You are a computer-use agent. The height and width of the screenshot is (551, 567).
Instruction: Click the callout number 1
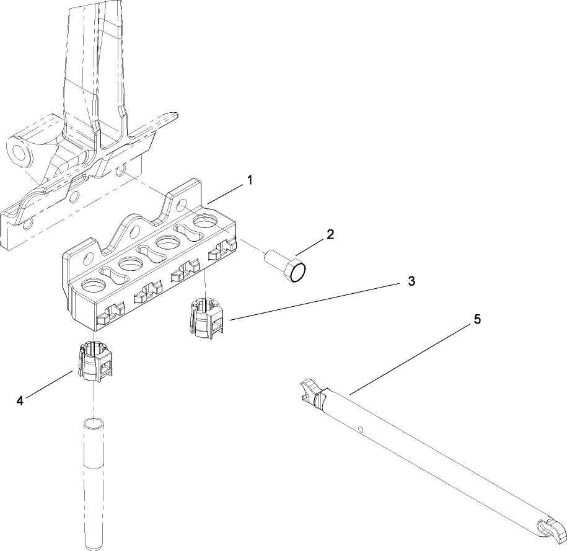(x=249, y=180)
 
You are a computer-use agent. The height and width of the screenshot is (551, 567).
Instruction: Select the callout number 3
(x=411, y=281)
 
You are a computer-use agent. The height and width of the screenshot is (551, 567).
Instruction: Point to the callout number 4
(x=20, y=401)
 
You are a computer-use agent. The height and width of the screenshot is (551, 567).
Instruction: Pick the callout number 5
(x=477, y=319)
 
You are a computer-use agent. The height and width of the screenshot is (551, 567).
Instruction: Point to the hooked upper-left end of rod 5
(x=308, y=393)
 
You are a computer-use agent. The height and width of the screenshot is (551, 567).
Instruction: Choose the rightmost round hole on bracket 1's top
(x=204, y=221)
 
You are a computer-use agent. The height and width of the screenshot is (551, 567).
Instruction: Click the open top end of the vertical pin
(x=94, y=425)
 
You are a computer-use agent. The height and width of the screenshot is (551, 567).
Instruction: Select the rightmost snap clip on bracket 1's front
(x=223, y=251)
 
